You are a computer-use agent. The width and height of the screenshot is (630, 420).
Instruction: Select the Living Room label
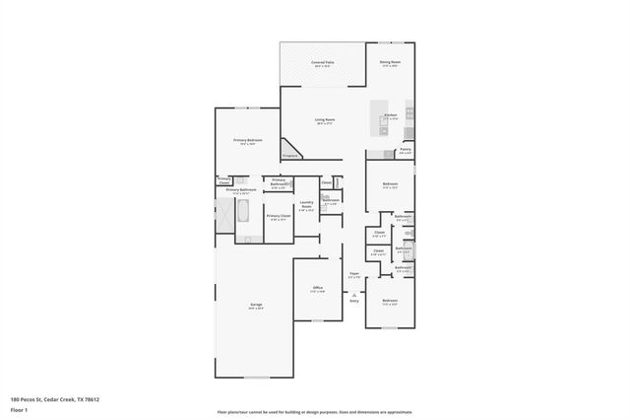[x=325, y=121]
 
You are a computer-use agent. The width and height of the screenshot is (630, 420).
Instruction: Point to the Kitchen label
[x=390, y=116]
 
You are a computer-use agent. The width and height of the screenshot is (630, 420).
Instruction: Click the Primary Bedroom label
[x=247, y=141]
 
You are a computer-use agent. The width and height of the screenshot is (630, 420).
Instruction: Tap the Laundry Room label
[x=306, y=205]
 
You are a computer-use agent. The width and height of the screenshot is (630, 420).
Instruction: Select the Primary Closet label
[x=278, y=216]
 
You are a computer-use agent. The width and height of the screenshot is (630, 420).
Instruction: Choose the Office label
[x=318, y=288]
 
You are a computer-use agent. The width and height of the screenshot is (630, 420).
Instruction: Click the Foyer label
[x=354, y=275]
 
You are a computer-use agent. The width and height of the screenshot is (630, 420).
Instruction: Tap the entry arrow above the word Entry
[x=354, y=294]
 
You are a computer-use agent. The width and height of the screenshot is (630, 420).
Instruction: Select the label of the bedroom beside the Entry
[x=390, y=302]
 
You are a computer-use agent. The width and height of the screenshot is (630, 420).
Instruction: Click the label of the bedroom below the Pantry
[x=390, y=184]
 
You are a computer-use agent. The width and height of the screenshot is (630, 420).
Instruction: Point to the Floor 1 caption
[x=19, y=409]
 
